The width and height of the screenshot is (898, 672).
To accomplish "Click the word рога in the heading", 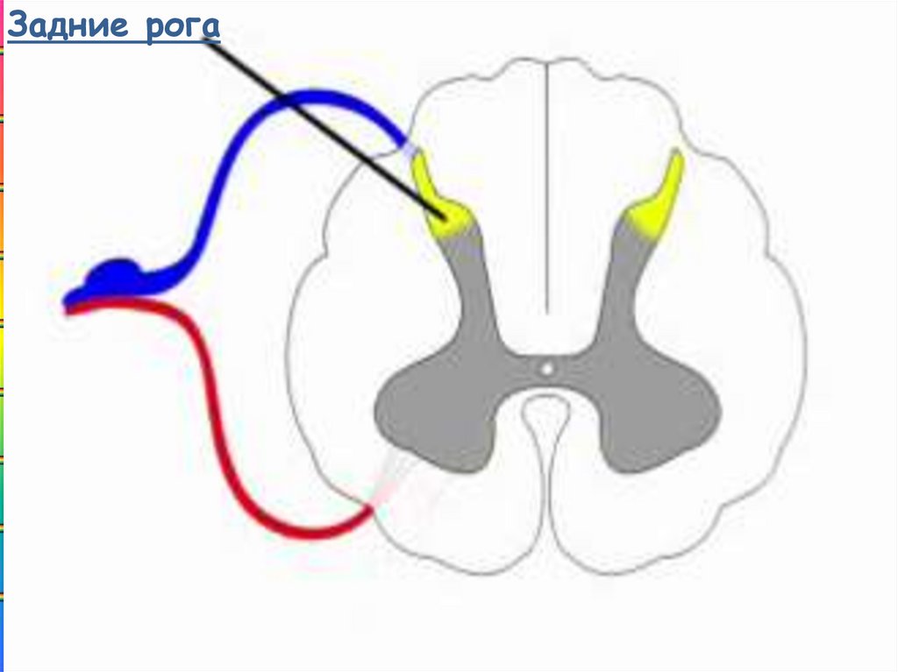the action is coord(181,27).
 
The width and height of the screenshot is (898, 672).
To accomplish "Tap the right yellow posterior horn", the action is coord(659,202).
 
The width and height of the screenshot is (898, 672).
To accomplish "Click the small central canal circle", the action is coord(546,369).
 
